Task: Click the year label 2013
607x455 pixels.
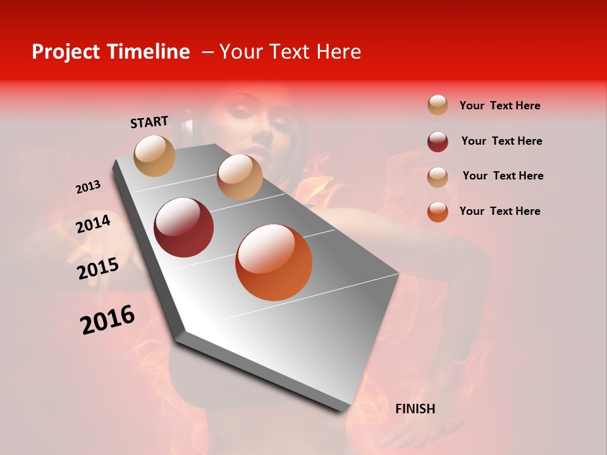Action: (x=88, y=187)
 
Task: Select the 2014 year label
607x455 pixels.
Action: (x=94, y=224)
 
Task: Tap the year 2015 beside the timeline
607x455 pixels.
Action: (x=98, y=269)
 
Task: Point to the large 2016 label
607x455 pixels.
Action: (x=107, y=319)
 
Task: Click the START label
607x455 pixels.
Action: (x=149, y=122)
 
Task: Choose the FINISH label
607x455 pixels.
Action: (x=415, y=409)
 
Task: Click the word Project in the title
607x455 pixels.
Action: (x=66, y=52)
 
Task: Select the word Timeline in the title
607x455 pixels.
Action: (x=148, y=52)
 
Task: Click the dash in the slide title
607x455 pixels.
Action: (x=207, y=52)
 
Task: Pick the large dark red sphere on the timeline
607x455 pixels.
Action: (x=184, y=227)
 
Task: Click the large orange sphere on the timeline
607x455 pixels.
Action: (x=274, y=262)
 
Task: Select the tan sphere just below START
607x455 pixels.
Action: (x=155, y=155)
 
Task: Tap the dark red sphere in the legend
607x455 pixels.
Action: (x=438, y=142)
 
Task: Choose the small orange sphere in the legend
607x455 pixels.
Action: (x=438, y=212)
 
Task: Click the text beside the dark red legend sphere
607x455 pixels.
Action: (x=501, y=141)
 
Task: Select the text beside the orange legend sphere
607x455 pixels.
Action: (x=500, y=211)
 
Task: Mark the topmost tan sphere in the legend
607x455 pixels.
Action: (x=438, y=105)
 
